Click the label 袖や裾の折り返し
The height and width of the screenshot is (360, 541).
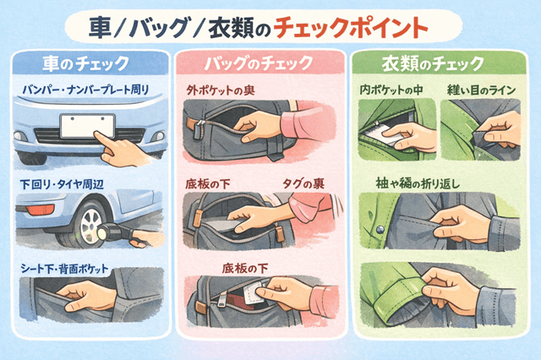point(424,183)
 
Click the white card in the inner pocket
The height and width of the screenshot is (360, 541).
point(385,133)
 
